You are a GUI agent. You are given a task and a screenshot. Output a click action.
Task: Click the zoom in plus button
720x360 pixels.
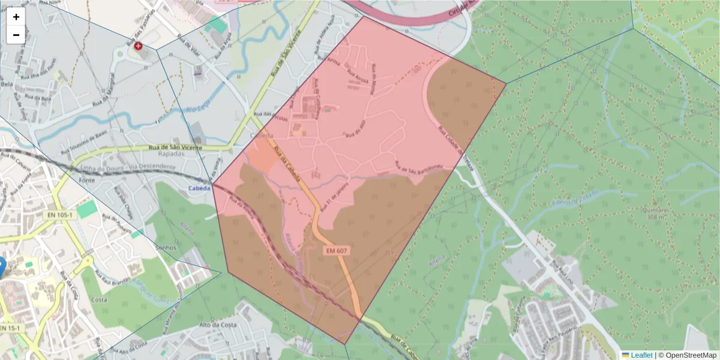(x=16, y=17)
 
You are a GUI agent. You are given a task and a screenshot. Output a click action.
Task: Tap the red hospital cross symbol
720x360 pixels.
(x=139, y=46)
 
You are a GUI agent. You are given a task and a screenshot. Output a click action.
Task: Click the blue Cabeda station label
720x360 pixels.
(x=200, y=188)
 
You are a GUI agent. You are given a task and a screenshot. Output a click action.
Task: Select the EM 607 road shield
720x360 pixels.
(x=337, y=250)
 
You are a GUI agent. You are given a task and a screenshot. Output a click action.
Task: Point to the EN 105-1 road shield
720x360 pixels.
(x=60, y=215)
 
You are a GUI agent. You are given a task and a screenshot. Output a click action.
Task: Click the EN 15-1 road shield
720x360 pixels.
(x=8, y=328)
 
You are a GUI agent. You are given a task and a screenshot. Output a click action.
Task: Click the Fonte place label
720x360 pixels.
(x=88, y=180)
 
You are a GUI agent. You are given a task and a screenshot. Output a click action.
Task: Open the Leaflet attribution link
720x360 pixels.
(x=641, y=355)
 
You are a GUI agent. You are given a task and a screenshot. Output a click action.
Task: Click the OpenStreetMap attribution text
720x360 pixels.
(x=689, y=355)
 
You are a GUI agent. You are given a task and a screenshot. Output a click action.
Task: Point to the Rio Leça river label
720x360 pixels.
(x=196, y=110)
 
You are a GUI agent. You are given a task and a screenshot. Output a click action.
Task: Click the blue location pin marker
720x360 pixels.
(x=1, y=266)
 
